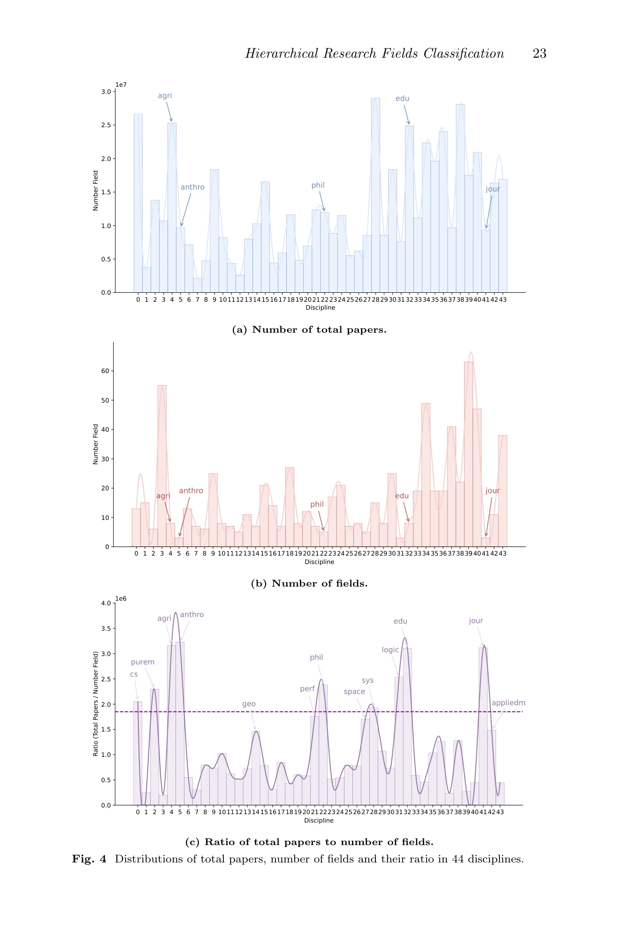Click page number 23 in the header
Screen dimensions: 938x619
(539, 53)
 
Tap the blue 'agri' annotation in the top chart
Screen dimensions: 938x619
(165, 96)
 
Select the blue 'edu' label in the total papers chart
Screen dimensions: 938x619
(402, 99)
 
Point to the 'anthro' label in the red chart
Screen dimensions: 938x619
(191, 491)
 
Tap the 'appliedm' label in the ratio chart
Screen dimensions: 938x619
(508, 703)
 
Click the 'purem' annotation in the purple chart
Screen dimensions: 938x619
(143, 662)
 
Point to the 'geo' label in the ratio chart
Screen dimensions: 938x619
(249, 704)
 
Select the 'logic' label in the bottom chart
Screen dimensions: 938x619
(390, 650)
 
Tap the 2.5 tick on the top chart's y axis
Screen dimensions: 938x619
(106, 125)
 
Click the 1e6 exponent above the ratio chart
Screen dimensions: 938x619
(121, 599)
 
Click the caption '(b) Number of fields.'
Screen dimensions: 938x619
(309, 583)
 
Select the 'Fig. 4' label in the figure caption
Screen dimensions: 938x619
(89, 859)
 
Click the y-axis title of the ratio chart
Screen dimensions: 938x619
(96, 703)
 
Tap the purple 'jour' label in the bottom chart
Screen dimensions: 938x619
(476, 621)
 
